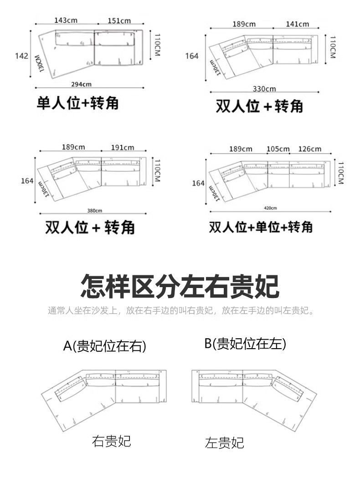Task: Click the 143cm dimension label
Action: point(66,20)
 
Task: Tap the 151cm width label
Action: point(119,20)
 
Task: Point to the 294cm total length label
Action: point(82,84)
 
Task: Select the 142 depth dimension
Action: point(22,56)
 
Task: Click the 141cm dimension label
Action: point(298,24)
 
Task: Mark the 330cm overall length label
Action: point(264,88)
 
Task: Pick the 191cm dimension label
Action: point(123,147)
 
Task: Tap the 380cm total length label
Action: point(95,210)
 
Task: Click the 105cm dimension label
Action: point(278,149)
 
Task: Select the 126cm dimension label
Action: point(309,149)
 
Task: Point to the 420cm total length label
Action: point(270,208)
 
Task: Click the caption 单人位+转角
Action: point(77,103)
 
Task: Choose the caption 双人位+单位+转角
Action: point(261,227)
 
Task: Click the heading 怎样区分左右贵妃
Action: point(180,286)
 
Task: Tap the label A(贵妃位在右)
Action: point(104,346)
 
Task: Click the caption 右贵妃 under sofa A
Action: point(111,441)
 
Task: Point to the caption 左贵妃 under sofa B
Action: point(224,442)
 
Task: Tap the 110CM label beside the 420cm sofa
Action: point(339,171)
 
